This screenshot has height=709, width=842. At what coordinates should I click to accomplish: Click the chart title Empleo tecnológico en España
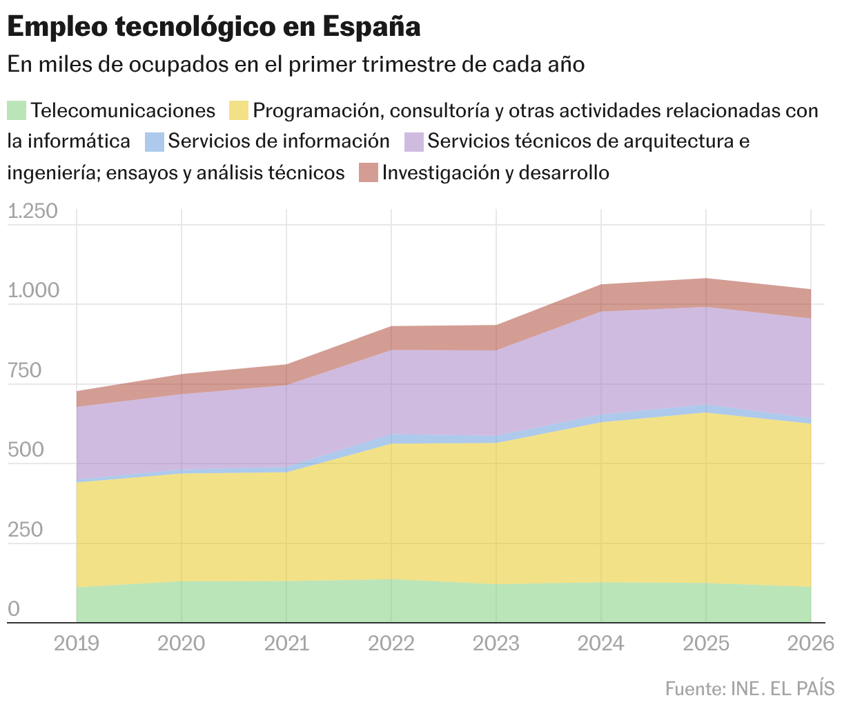point(214,27)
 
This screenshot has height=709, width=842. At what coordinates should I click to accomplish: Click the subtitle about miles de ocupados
point(296,64)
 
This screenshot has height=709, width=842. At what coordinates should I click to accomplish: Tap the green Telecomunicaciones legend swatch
point(17,110)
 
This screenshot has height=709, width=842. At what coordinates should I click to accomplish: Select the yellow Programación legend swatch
point(239,110)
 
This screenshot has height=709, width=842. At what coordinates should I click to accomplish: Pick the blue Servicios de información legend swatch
point(155,141)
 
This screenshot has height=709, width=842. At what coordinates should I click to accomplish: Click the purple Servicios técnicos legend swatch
point(414,141)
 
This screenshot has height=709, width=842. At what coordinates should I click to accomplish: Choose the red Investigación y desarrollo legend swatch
point(369,172)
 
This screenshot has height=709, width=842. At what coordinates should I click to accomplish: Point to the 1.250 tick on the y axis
point(32,212)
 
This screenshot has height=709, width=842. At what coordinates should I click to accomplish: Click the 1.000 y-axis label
point(32,291)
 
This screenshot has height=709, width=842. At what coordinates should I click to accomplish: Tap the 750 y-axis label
point(25,371)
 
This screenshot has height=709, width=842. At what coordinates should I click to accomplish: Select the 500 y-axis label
point(25,450)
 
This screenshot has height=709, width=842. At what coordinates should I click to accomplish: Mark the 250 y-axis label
point(25,530)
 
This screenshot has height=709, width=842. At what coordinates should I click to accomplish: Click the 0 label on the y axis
point(14,610)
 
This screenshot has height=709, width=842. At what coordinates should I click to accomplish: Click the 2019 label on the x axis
point(77,643)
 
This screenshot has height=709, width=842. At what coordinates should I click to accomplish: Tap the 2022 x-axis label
point(391,643)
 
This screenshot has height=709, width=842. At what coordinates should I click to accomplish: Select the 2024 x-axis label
point(601,643)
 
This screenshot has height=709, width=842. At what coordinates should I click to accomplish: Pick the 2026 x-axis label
point(810,643)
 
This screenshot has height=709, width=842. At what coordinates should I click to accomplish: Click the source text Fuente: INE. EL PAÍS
point(750,688)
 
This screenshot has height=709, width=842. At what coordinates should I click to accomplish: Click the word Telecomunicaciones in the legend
point(124,110)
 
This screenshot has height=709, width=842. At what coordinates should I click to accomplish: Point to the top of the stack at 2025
point(706,279)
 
